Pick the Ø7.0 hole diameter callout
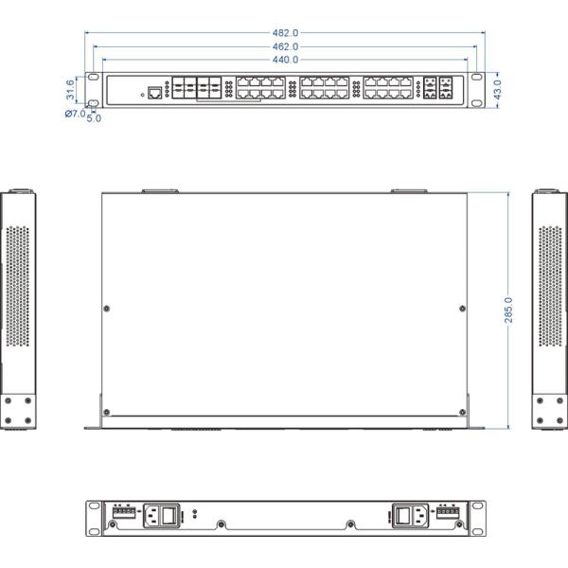[x=75, y=113]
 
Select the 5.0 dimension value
[x=94, y=118]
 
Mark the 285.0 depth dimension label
[x=508, y=310]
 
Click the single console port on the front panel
[x=153, y=93]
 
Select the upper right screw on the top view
[x=462, y=309]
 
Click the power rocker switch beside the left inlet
[x=169, y=517]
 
